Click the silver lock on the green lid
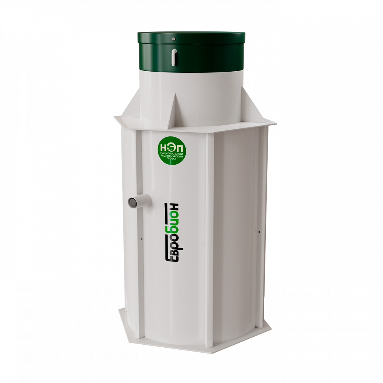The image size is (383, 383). (x=173, y=39)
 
